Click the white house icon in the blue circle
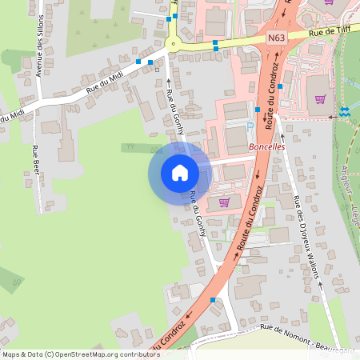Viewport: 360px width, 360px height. pos(180,173)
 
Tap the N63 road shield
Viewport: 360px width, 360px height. pos(277,38)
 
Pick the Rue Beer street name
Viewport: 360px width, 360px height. pos(35,160)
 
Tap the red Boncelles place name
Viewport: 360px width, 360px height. pos(267,147)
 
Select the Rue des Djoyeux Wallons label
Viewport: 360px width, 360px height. pos(306,238)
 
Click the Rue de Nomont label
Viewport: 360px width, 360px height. pos(284,336)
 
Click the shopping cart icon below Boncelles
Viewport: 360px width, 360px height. pos(223,202)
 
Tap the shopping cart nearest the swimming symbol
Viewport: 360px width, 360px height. pos(321,99)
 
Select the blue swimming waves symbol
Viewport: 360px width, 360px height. pos(345,111)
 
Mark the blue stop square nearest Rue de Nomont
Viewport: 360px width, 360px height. pos(213,299)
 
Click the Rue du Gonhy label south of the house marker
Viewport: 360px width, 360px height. pos(197,214)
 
